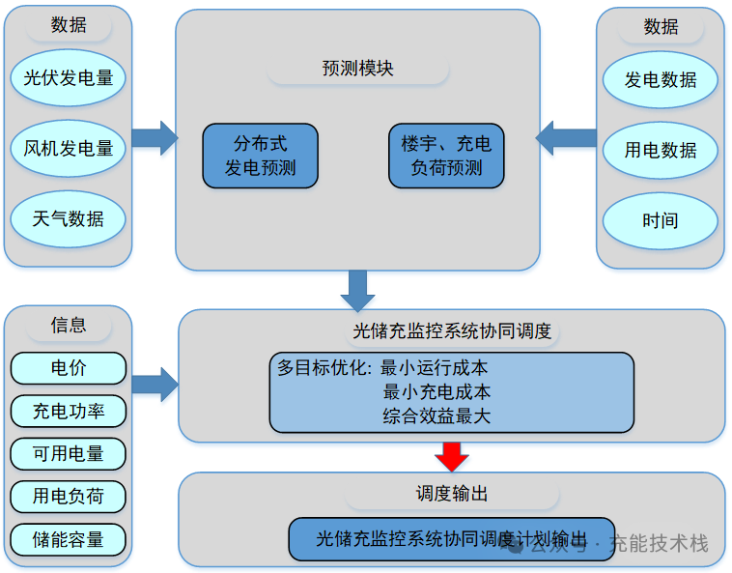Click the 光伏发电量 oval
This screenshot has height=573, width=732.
[69, 78]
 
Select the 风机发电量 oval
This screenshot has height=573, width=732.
[69, 149]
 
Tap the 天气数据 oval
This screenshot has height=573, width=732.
[69, 219]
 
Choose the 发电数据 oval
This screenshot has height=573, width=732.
[661, 80]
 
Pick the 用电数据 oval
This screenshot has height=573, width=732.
[661, 151]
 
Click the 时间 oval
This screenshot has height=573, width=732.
[661, 220]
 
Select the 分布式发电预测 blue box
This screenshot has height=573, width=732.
[260, 156]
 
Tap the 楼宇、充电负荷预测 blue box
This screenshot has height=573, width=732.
[446, 156]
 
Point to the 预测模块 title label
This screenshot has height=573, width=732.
[358, 69]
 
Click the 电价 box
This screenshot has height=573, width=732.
[69, 368]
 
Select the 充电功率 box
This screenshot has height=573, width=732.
[69, 411]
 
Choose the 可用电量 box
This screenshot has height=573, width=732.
[69, 453]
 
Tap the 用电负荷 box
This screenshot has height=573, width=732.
[69, 497]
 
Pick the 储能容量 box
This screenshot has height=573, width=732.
[69, 539]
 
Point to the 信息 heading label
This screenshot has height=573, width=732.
[69, 325]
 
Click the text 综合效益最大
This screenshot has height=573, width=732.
[436, 416]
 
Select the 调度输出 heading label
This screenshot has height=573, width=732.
[452, 494]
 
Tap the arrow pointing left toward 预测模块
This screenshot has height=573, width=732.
[566, 136]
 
